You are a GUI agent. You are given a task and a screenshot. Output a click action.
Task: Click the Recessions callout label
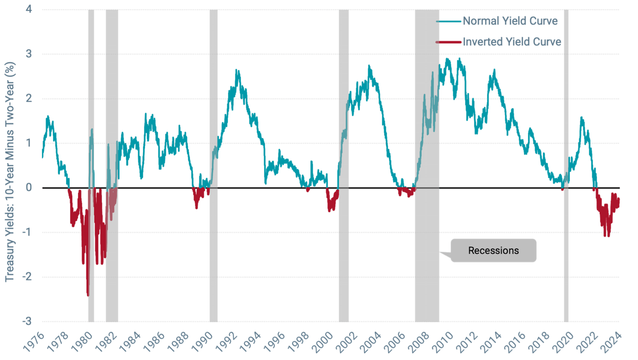(x=493, y=251)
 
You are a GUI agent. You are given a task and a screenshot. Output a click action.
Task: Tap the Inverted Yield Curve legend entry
(x=512, y=42)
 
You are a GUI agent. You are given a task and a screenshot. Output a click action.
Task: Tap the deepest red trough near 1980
(x=88, y=295)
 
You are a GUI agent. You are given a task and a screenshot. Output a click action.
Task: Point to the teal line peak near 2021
(x=581, y=118)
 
